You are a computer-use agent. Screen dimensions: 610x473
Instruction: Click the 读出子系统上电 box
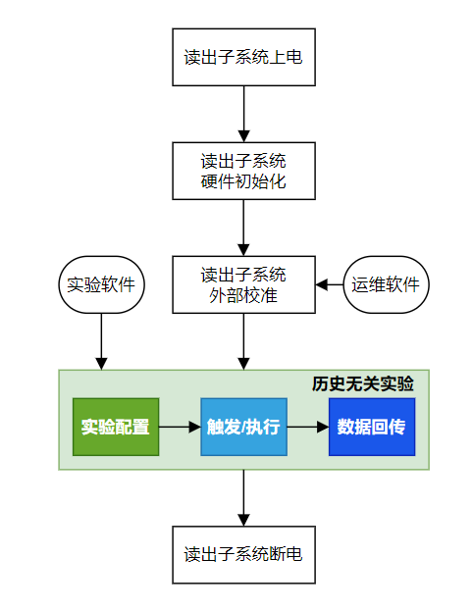[243, 57]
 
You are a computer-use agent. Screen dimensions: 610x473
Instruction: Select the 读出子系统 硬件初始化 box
[243, 171]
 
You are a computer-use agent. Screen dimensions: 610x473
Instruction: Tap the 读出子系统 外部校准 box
[243, 284]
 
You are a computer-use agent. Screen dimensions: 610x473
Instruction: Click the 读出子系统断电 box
[243, 554]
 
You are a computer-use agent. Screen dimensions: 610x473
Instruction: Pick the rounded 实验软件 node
[102, 285]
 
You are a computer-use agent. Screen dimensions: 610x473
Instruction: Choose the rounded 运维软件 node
[386, 285]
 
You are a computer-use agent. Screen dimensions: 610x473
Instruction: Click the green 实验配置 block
[116, 427]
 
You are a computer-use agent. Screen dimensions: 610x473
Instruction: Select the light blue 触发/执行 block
[243, 427]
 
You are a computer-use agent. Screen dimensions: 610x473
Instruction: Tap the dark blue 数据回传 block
[372, 427]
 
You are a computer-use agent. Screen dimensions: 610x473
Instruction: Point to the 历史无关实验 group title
[377, 383]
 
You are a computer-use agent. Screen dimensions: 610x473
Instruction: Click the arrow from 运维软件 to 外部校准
[330, 285]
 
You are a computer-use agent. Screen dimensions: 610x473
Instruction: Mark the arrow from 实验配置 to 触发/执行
[180, 427]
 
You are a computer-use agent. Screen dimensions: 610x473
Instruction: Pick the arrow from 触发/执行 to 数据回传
[308, 427]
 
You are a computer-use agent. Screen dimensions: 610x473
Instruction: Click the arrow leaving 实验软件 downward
[102, 341]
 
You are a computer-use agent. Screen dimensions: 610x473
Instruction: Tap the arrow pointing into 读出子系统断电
[243, 498]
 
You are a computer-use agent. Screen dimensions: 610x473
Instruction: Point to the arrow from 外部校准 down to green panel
[243, 341]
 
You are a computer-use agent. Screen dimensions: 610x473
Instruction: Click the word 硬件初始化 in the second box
[243, 181]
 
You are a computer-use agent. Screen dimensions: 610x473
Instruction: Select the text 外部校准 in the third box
[243, 295]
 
